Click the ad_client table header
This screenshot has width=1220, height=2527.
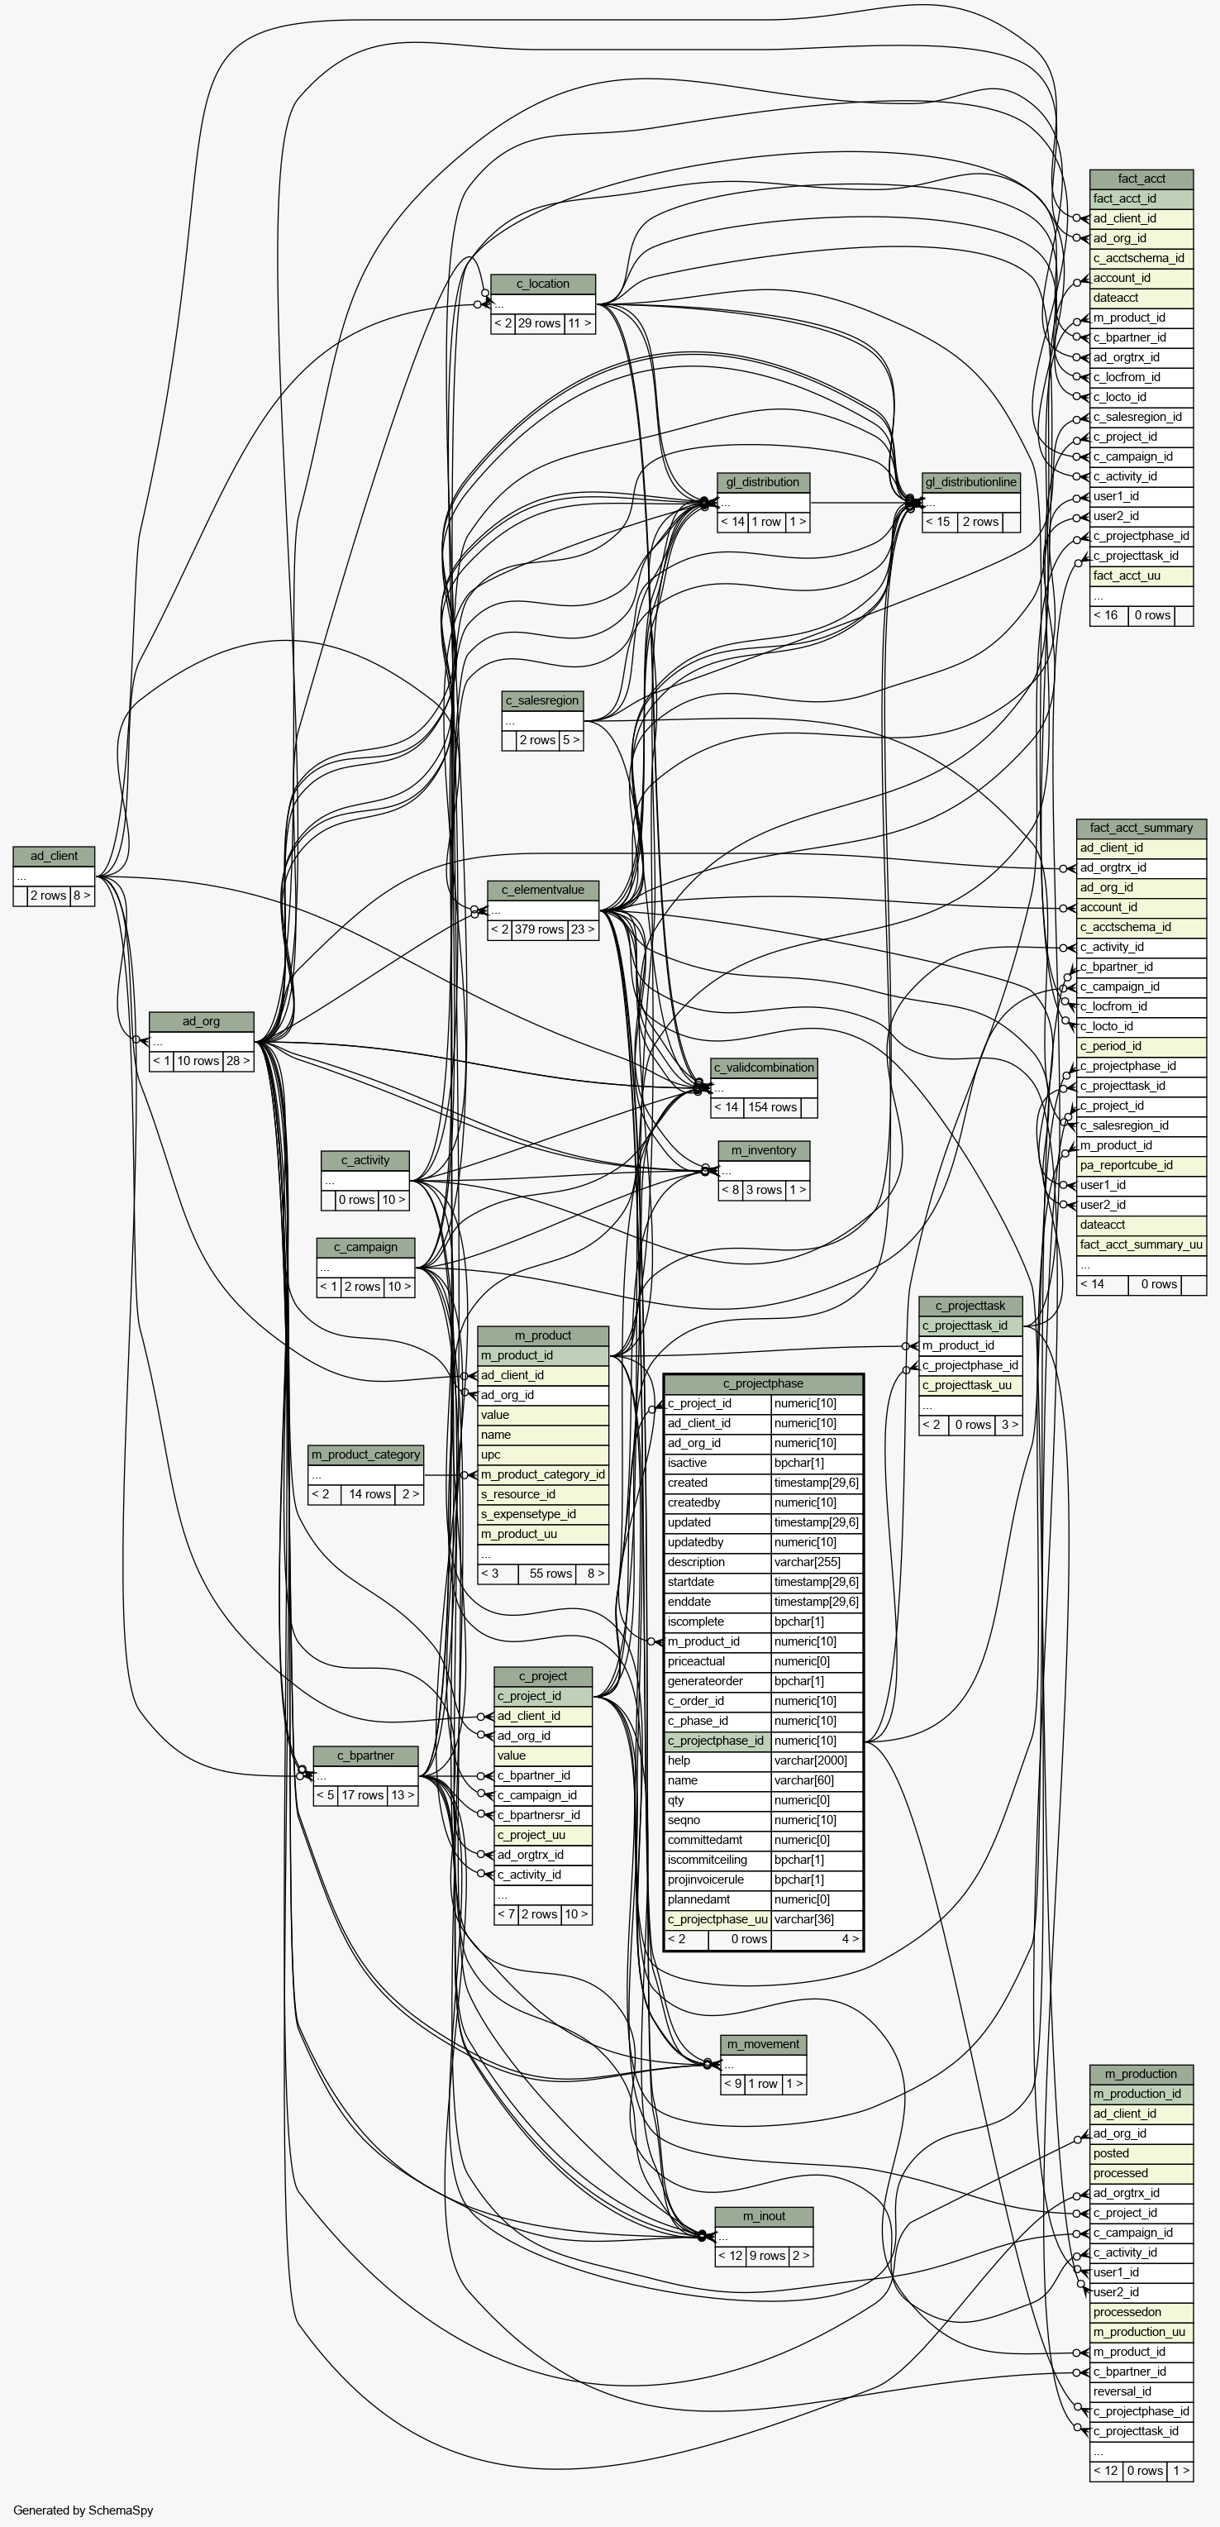coord(54,855)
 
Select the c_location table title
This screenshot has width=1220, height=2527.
coord(543,284)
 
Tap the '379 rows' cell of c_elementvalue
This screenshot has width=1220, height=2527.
coord(538,929)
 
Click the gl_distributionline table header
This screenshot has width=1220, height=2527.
coord(971,481)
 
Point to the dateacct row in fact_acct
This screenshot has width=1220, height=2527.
coord(1141,297)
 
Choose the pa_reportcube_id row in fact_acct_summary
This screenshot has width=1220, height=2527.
coord(1141,1165)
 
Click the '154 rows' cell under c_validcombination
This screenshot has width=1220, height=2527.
coord(772,1107)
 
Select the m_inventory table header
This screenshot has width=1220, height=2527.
coord(764,1149)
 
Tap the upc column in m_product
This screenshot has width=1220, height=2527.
coord(543,1454)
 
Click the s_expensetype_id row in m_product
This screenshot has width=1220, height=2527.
coord(543,1514)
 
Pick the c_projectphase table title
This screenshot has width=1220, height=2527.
coord(763,1383)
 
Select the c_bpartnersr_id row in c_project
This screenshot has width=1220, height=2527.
coord(543,1815)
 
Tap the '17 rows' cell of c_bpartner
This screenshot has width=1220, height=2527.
coord(363,1795)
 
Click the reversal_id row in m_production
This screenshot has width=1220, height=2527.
coord(1141,2391)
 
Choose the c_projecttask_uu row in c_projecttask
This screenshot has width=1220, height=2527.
coord(971,1385)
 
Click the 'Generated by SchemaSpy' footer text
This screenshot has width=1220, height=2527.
coord(83,2510)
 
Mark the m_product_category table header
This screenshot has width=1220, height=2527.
coord(366,1454)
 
